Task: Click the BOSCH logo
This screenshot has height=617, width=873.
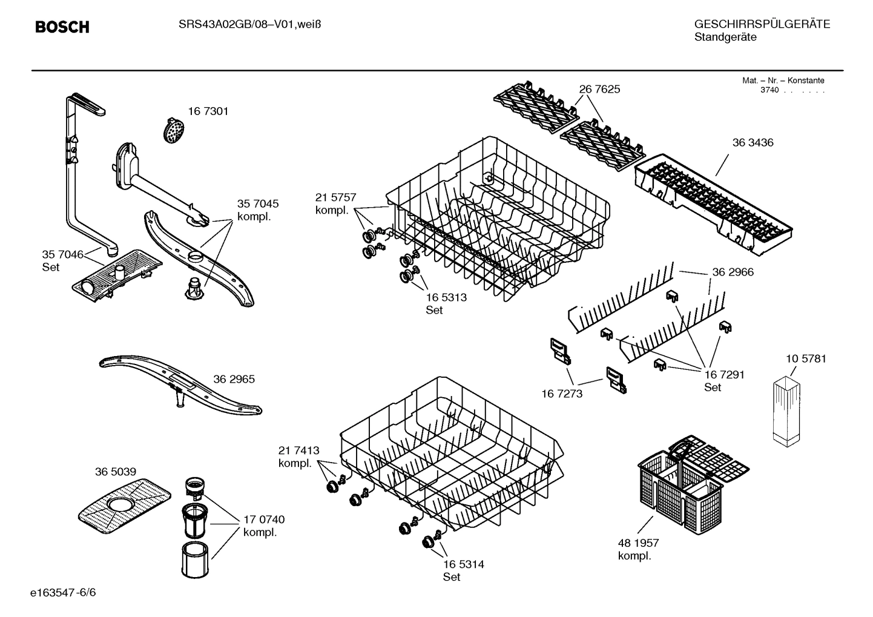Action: [62, 27]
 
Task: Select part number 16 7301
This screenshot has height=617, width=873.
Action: [208, 111]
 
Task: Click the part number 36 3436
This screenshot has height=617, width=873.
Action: [753, 143]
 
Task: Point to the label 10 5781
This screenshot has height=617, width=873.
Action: [805, 358]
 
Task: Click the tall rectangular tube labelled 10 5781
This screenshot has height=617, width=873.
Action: [786, 411]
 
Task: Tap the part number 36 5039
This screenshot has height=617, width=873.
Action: [115, 472]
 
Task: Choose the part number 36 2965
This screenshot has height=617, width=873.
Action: [234, 379]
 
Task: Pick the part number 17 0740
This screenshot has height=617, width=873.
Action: [263, 520]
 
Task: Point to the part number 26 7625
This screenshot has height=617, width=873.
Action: [599, 89]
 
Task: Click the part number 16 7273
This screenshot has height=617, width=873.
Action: [561, 394]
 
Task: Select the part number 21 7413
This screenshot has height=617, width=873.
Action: [298, 450]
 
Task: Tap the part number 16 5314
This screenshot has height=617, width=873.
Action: [463, 564]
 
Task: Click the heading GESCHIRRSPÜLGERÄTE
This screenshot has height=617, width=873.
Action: [762, 24]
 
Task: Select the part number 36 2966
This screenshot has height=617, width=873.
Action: [733, 272]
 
